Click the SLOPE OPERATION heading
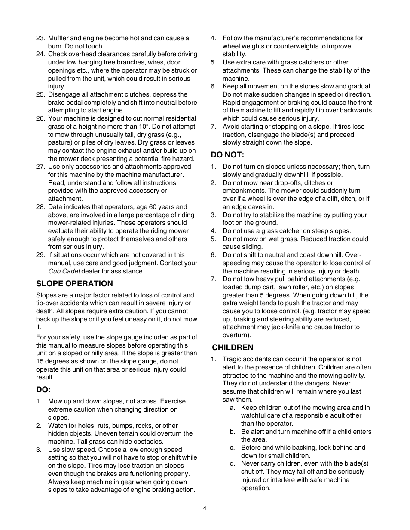pos(74,284)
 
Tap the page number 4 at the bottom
pos(205,509)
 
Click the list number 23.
pos(40,38)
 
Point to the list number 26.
pos(40,118)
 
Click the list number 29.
pos(40,255)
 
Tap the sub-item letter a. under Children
pos(232,408)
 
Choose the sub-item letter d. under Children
pos(232,463)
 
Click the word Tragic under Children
pos(233,359)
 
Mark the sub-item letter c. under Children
pos(232,448)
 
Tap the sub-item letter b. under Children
pos(232,432)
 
